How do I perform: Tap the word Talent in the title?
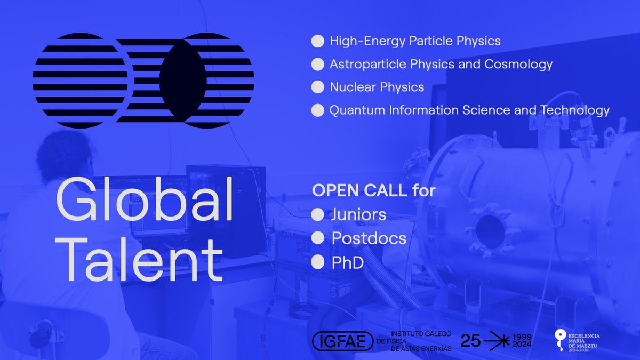tap(140, 259)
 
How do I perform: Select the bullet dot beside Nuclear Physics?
tap(318, 87)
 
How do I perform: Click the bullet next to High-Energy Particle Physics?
tap(318, 41)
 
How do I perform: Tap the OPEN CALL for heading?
tap(373, 191)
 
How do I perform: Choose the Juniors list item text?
tap(358, 215)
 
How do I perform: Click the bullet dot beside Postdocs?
tap(318, 238)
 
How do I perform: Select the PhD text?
tap(347, 261)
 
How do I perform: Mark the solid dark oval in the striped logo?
tap(182, 81)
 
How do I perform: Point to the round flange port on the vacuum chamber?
tap(489, 230)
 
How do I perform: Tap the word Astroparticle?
tap(367, 64)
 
